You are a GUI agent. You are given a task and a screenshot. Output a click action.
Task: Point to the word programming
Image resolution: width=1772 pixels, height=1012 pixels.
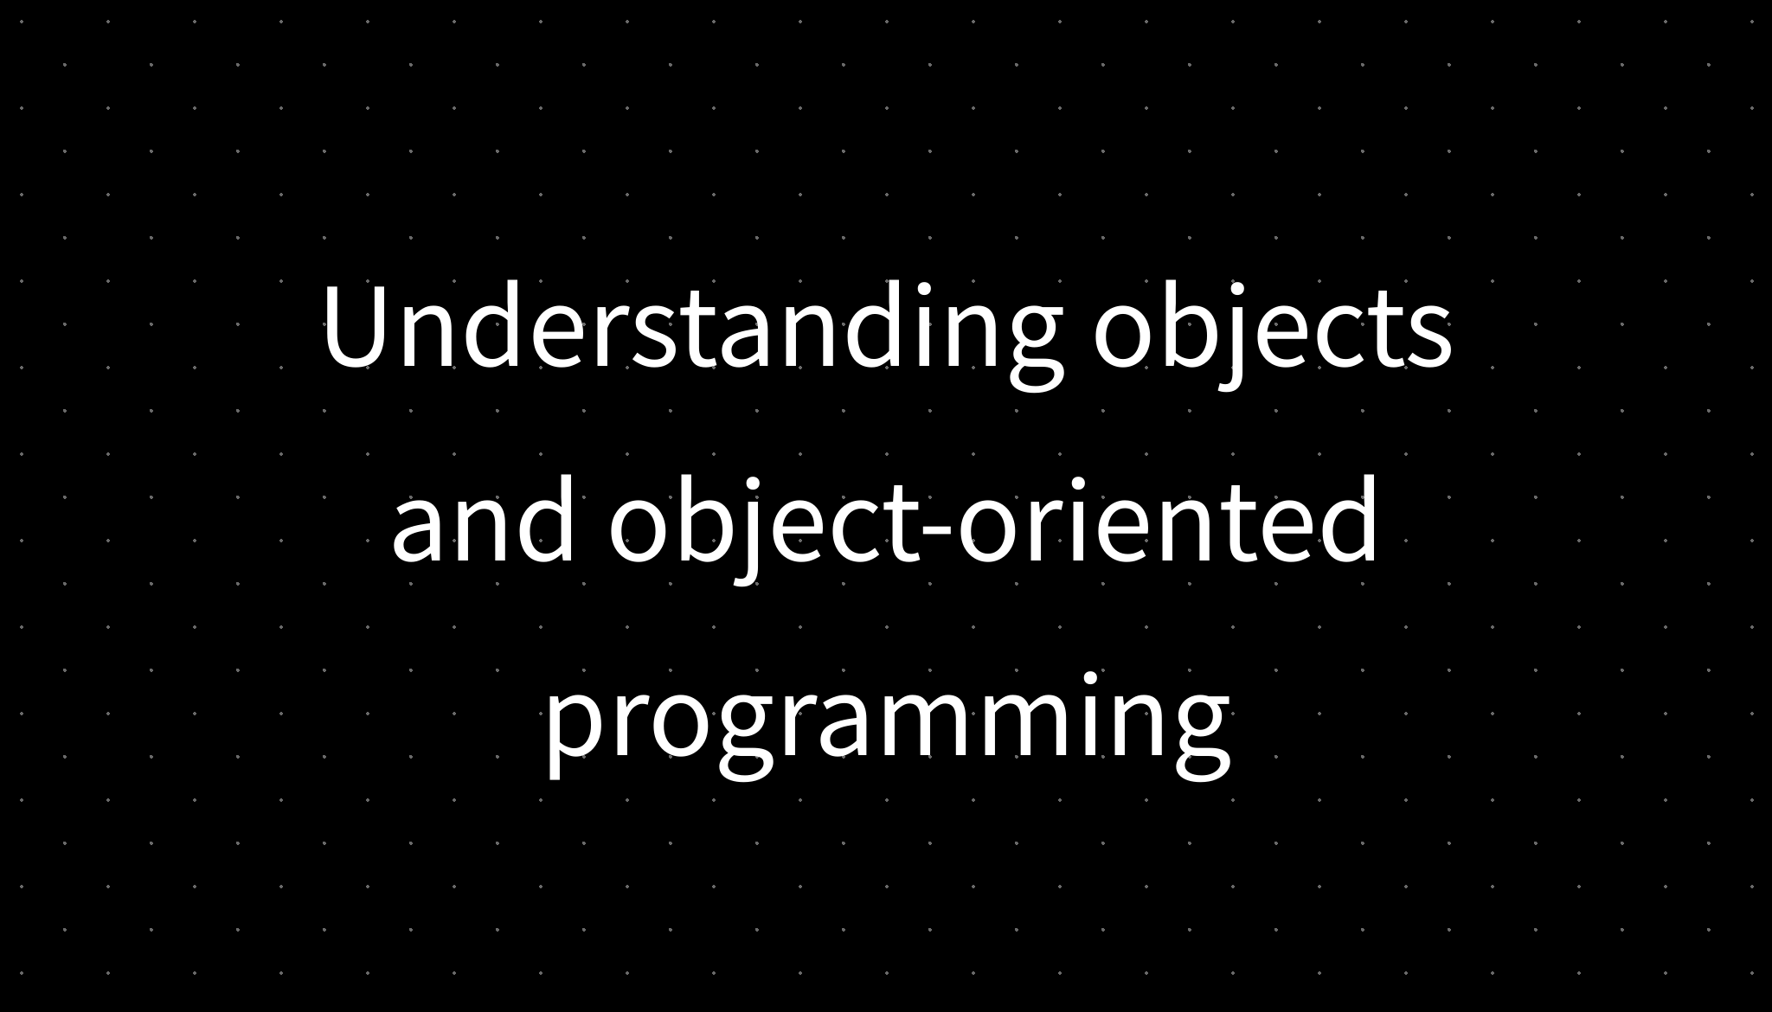click(x=886, y=722)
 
